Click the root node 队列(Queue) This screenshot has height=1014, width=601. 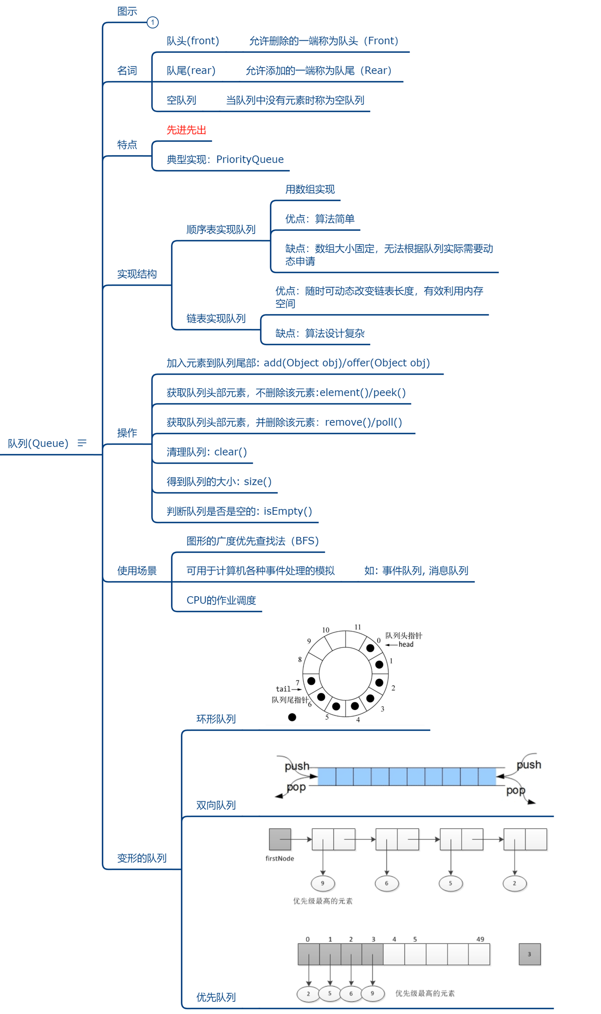38,443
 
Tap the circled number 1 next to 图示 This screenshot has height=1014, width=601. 153,22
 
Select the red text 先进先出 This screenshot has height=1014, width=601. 186,130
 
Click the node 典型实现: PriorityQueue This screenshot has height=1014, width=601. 225,160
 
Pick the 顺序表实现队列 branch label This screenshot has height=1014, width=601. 221,230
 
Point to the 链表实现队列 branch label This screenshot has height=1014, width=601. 216,319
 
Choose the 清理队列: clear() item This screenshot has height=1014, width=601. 207,452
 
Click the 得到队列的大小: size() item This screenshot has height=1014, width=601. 219,481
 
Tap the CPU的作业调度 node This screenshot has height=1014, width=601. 221,600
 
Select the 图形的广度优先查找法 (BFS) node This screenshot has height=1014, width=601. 253,541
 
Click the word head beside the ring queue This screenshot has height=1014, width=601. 406,644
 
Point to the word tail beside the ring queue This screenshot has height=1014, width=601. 283,689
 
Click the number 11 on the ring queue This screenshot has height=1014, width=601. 358,627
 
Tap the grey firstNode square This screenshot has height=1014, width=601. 280,840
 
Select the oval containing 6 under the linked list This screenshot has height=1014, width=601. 386,883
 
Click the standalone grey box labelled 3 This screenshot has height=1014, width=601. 529,954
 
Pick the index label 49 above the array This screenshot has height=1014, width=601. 480,939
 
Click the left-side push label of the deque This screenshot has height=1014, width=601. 297,766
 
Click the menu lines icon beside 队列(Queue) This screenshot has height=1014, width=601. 82,443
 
